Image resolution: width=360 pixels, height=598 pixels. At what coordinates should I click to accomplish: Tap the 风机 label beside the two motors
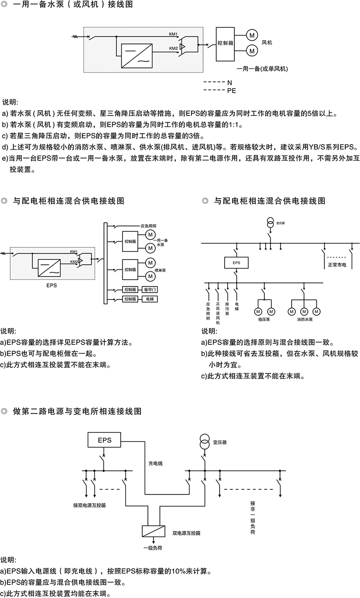(x=267, y=43)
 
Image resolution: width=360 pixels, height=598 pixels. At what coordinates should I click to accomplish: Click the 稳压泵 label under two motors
(x=264, y=319)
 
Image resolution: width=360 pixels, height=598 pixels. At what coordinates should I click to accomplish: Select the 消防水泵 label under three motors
(x=305, y=319)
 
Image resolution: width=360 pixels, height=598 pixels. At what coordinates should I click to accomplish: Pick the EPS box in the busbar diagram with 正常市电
(x=236, y=263)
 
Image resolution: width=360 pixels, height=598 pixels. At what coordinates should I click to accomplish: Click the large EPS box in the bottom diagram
(x=104, y=440)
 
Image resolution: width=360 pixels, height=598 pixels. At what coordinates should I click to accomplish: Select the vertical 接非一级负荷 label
(x=252, y=518)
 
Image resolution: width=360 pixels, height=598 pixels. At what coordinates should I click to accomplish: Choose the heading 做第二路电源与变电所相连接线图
(x=77, y=411)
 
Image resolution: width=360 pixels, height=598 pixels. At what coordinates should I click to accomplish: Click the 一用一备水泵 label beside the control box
(x=163, y=243)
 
